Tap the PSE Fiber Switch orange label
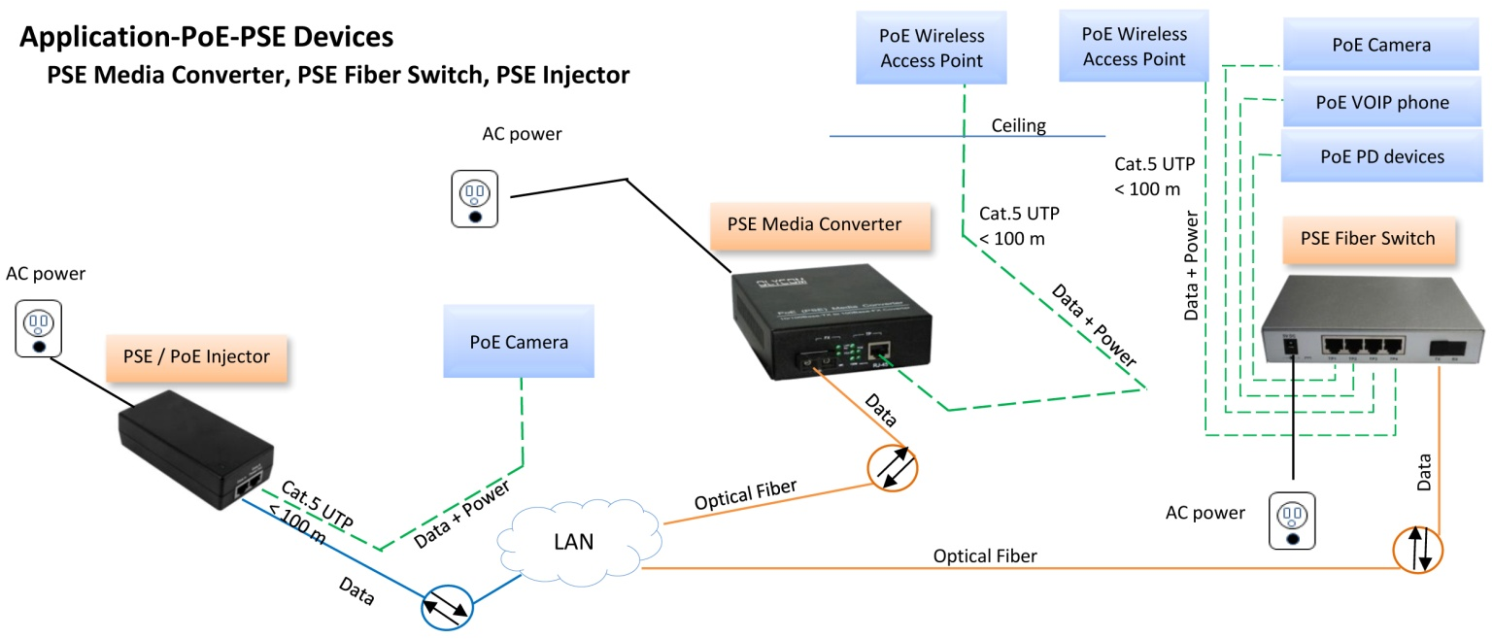point(1367,239)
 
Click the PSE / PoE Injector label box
point(195,357)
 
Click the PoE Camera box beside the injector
point(519,343)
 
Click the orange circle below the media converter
point(892,466)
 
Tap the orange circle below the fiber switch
point(1417,549)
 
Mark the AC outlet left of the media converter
point(475,198)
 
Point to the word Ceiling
point(1018,126)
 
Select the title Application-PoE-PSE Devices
point(207,38)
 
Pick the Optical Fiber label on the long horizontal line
point(985,556)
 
